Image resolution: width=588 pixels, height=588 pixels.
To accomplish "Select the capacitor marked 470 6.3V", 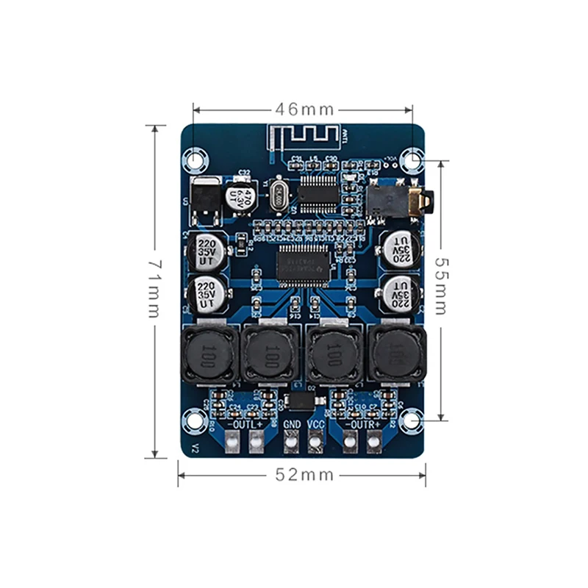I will click(240, 195).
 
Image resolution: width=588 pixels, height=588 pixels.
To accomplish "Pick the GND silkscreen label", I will click(292, 425).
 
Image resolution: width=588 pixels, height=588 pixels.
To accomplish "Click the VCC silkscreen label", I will click(316, 425).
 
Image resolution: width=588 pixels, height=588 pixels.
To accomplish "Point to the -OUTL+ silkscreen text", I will click(245, 425).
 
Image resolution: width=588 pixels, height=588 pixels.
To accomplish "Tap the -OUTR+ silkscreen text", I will click(363, 425).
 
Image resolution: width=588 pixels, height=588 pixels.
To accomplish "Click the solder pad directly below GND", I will click(292, 442).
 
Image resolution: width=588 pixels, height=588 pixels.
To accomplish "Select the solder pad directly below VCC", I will click(316, 442).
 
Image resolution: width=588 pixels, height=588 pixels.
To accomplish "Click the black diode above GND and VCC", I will click(301, 401).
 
